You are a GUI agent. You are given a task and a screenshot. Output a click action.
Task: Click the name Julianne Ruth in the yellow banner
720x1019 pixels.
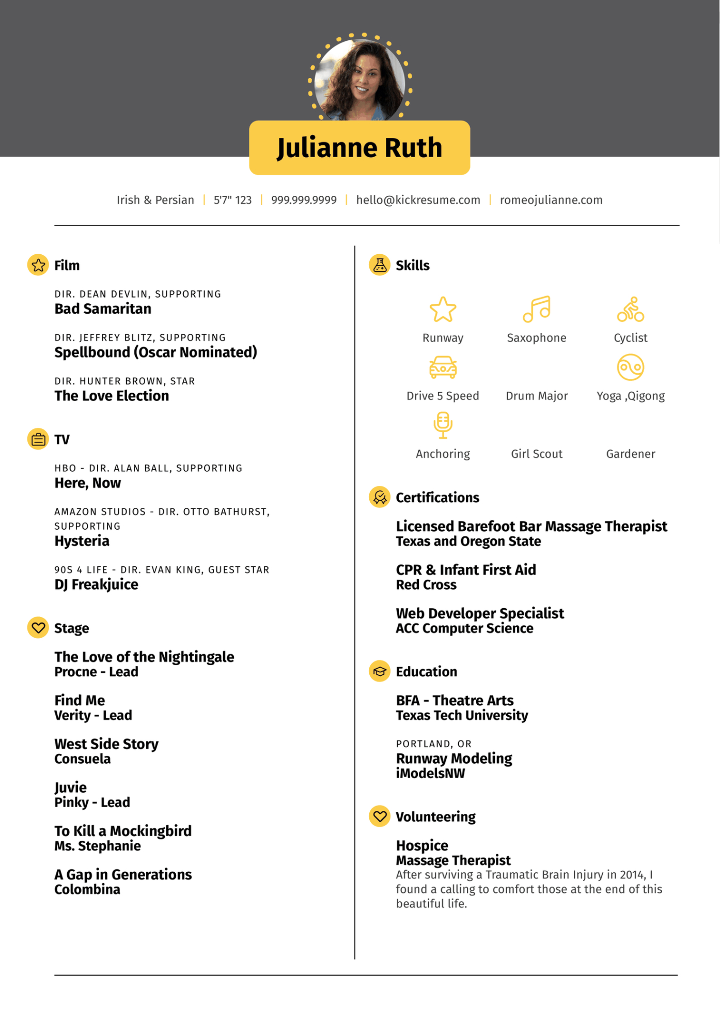359,148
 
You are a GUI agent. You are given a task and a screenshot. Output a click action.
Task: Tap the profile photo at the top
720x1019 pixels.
360,79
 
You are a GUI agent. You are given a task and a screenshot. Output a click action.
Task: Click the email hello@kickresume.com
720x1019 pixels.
418,200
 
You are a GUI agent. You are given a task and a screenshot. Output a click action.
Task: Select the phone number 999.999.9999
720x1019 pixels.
304,200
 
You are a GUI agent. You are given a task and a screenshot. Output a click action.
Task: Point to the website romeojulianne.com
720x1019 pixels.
551,200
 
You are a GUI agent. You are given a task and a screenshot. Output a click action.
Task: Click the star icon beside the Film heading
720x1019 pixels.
38,265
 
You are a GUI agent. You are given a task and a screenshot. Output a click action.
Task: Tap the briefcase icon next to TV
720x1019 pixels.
38,439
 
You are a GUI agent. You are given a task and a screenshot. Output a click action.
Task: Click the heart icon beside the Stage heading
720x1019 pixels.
38,628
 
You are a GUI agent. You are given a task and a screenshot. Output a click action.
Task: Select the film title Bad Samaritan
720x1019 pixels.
103,309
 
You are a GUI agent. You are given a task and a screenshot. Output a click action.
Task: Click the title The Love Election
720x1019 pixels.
112,396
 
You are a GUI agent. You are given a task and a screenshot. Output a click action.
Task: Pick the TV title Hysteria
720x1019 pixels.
82,541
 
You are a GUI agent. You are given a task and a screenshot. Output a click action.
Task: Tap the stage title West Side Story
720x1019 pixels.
106,744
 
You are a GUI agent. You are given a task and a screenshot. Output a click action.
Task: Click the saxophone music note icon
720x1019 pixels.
537,309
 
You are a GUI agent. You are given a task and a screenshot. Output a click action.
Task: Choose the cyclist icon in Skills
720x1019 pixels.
630,309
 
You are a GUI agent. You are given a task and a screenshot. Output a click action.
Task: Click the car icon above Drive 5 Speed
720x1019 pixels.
443,367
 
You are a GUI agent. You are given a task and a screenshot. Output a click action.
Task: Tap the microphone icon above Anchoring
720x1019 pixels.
443,425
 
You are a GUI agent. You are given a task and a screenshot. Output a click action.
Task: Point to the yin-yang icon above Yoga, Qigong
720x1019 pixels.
630,367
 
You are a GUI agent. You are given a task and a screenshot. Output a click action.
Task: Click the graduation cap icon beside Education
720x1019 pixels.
380,671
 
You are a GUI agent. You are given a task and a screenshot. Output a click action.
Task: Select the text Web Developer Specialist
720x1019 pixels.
480,613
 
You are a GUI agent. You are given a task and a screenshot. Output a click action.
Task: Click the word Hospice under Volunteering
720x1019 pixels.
422,845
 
